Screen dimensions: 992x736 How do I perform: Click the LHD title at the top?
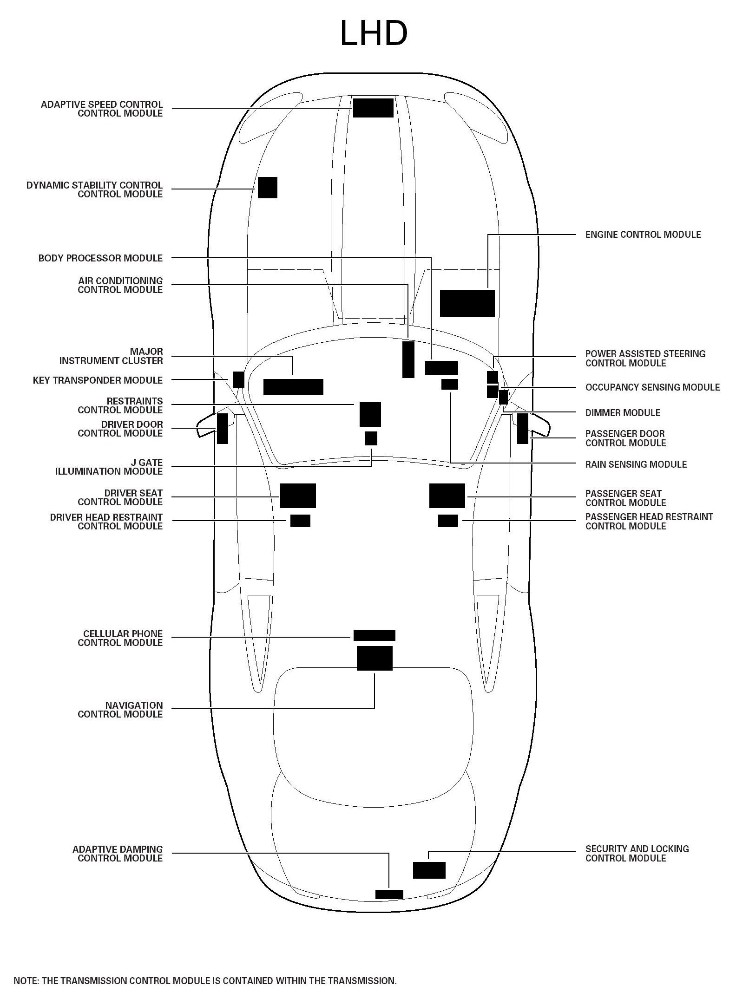(x=374, y=33)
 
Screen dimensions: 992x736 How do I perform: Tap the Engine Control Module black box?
(x=467, y=303)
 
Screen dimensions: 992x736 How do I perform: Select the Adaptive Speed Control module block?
(x=373, y=108)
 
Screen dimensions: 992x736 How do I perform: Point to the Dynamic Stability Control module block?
(x=268, y=188)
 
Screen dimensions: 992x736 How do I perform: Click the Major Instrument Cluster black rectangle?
(x=293, y=386)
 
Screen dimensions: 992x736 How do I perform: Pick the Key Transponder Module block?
(x=239, y=379)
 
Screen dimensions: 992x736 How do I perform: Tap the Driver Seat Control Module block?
(x=298, y=496)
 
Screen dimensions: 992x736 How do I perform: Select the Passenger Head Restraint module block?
(x=448, y=521)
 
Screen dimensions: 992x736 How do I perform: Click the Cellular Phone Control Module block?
(x=375, y=635)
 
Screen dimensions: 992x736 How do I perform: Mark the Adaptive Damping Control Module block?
(x=389, y=894)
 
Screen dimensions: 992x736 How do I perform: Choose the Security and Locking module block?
(x=429, y=870)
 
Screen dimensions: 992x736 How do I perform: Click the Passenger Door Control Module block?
(x=523, y=428)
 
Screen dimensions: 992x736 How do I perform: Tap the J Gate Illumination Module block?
(x=371, y=438)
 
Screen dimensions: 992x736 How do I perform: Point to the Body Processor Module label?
(x=100, y=258)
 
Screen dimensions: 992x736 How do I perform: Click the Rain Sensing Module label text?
(x=636, y=464)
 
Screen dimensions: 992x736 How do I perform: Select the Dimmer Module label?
(x=623, y=412)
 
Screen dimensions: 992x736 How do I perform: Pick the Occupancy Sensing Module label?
(x=652, y=387)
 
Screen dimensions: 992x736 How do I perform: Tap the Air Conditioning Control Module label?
(x=120, y=285)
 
